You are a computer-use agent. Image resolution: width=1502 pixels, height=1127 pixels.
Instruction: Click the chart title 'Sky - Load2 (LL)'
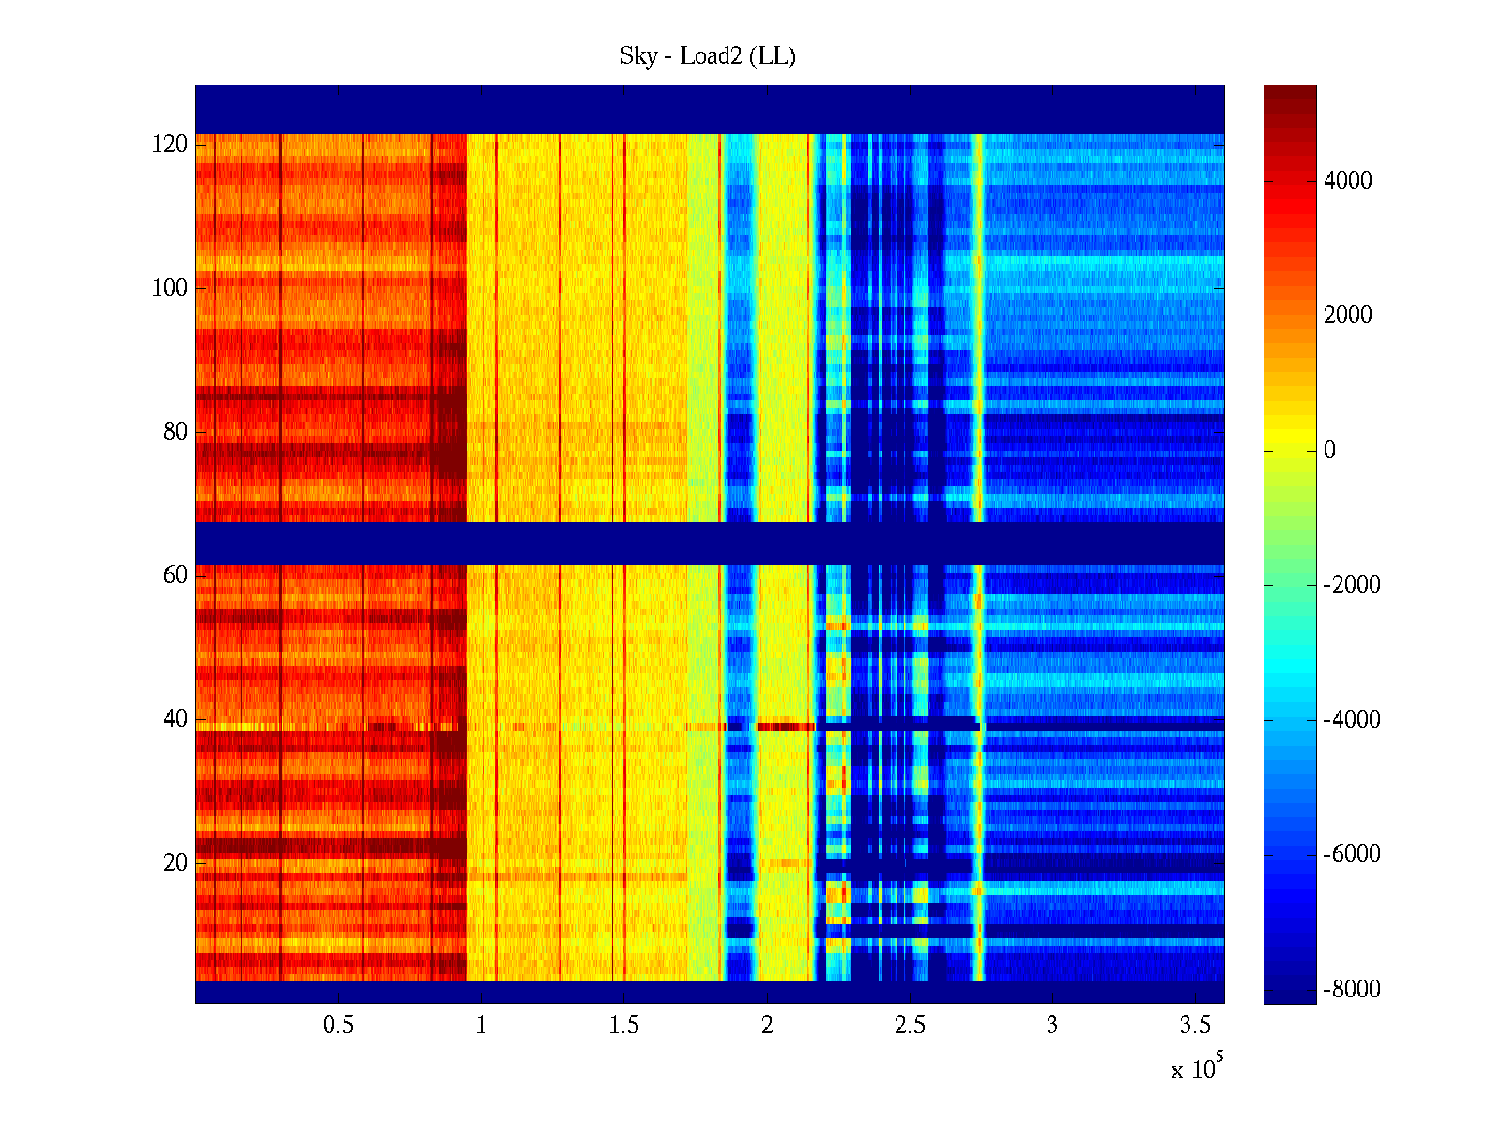point(708,56)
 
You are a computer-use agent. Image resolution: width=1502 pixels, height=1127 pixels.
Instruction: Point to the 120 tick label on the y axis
point(170,145)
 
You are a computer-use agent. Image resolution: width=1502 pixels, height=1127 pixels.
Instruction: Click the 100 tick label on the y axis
point(170,288)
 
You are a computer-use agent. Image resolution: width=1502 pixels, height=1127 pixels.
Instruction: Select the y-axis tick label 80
point(176,432)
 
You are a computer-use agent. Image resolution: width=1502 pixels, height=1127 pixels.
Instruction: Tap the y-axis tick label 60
point(176,576)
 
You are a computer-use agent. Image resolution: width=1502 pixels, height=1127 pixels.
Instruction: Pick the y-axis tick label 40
point(176,719)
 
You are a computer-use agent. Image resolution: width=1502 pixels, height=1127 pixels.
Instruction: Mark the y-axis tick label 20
point(176,863)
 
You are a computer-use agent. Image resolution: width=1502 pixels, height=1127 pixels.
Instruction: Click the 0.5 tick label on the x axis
point(339,1026)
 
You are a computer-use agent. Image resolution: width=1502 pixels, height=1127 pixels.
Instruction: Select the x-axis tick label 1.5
point(624,1026)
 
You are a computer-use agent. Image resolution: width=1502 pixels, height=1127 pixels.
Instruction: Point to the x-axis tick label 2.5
point(910,1026)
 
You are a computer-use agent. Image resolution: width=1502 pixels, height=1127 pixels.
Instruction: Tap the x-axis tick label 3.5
point(1195,1026)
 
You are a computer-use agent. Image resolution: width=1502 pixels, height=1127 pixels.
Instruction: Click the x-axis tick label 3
point(1052,1026)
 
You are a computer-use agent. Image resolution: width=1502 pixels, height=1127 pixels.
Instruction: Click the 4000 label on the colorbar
point(1348,181)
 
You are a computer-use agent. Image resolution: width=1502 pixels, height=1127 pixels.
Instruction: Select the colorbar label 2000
point(1348,316)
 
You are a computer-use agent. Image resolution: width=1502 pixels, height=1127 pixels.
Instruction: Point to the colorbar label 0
point(1329,451)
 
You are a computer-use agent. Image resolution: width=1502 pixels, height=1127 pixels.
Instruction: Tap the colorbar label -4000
point(1352,720)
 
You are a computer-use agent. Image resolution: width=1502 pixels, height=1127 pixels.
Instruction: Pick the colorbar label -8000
point(1352,990)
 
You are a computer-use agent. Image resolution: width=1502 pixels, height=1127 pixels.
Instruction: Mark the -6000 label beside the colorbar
point(1352,855)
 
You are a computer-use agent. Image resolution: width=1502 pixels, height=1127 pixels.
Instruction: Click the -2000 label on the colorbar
point(1352,585)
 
